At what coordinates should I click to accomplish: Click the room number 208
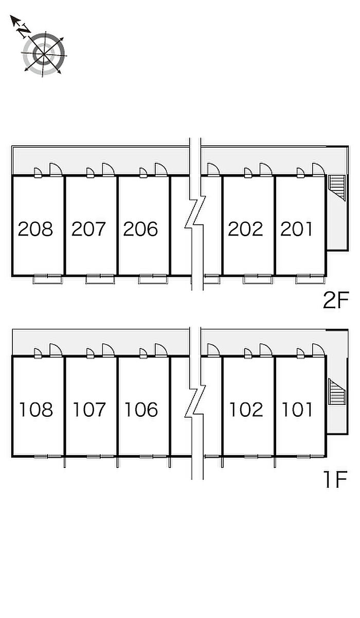[x=35, y=228]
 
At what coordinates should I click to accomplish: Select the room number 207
[x=88, y=228]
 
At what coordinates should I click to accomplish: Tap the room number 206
[x=141, y=228]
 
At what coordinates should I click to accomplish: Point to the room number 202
[x=245, y=228]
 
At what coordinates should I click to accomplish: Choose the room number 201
[x=297, y=228]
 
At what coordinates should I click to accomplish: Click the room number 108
[x=36, y=410]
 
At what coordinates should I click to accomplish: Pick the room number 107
[x=89, y=410]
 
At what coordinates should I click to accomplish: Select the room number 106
[x=141, y=410]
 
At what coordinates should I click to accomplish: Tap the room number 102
[x=246, y=410]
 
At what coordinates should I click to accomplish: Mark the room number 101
[x=298, y=410]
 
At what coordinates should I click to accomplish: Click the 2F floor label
[x=336, y=301]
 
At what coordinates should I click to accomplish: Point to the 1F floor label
[x=336, y=480]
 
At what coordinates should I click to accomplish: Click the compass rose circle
[x=44, y=52]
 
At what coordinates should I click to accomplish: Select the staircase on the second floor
[x=336, y=187]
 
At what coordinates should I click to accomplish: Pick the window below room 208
[x=48, y=279]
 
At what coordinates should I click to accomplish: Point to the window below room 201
[x=310, y=279]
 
